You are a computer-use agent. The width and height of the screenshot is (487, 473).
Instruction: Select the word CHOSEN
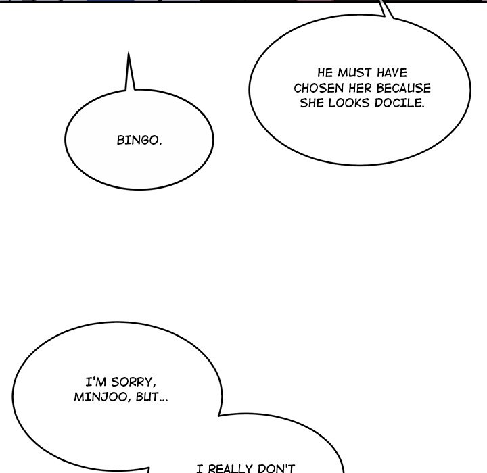tap(319, 88)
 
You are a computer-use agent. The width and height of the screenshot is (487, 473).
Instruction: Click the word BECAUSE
tap(403, 88)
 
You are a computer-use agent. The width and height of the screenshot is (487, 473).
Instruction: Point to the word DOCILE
tap(400, 103)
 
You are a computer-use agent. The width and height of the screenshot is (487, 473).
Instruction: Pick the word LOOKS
tap(350, 103)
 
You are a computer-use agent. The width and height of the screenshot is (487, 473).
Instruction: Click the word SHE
tap(312, 103)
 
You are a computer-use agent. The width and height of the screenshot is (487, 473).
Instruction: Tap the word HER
tap(360, 88)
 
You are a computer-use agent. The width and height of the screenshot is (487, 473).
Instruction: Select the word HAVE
tap(392, 72)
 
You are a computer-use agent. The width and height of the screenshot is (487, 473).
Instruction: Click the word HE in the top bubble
tap(325, 72)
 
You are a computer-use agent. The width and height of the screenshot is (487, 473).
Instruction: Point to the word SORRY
tap(133, 382)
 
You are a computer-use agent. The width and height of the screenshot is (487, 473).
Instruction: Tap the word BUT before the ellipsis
tap(147, 397)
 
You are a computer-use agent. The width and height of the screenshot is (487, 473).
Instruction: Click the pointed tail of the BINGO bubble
tap(129, 53)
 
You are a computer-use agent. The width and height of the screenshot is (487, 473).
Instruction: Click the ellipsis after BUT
tap(164, 401)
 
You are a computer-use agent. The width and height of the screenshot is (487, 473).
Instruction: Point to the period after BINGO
tap(160, 144)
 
